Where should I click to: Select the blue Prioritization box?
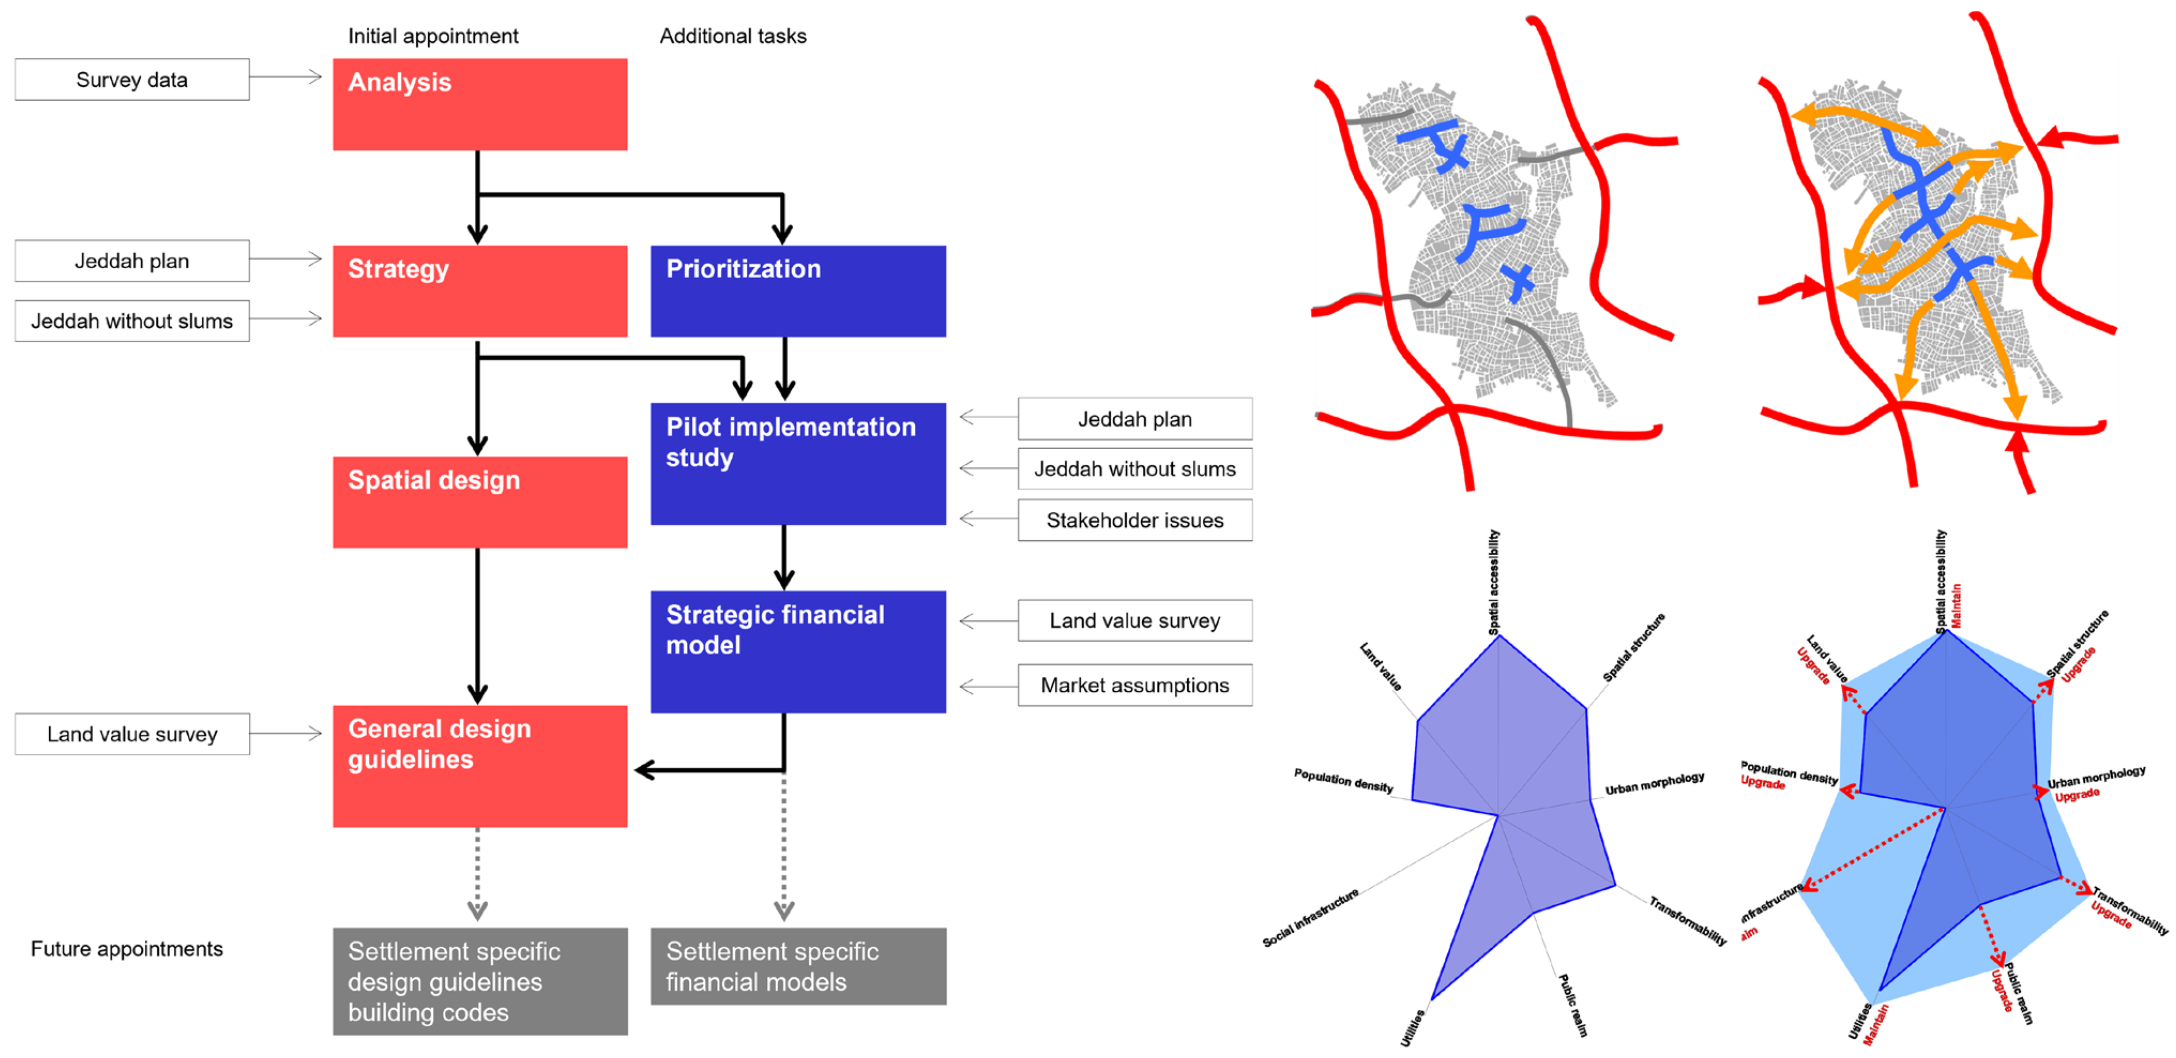(x=798, y=291)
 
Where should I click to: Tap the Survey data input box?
(x=132, y=79)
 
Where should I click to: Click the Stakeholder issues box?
(x=1134, y=520)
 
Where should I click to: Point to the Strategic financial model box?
(x=798, y=651)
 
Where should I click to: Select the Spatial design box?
(x=480, y=502)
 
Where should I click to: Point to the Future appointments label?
(x=127, y=948)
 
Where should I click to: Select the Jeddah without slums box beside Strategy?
(x=132, y=321)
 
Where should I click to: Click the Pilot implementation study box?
(x=798, y=463)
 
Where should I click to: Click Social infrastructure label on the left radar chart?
(x=1310, y=918)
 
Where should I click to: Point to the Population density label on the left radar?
(x=1343, y=780)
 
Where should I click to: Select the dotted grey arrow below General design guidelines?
(x=477, y=875)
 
